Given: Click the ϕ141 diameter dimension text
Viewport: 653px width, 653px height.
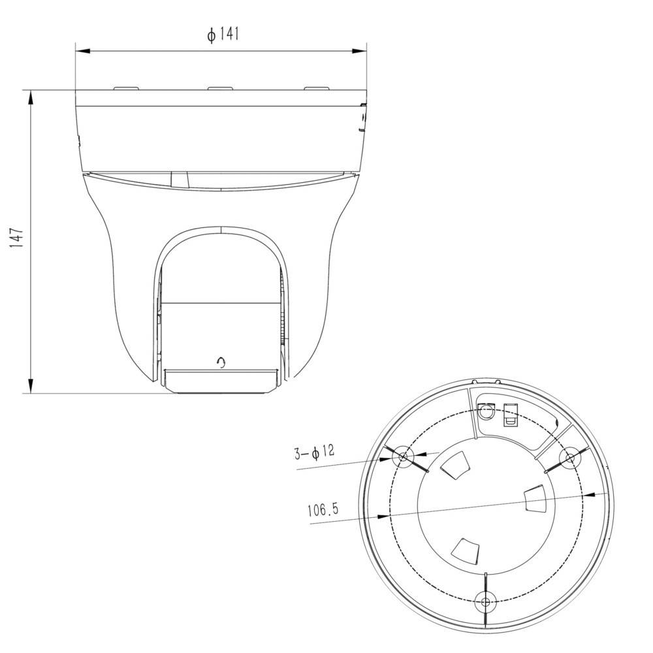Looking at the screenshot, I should click(223, 35).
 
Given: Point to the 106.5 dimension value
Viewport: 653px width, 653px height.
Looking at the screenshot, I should click(323, 510).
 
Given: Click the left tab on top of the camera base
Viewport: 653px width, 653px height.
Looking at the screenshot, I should click(125, 87).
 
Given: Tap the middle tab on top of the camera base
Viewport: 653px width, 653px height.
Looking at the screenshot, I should click(220, 87).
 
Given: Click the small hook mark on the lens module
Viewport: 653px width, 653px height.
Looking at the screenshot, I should click(223, 362).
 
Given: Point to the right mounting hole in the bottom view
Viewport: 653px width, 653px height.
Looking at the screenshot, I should click(569, 457).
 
